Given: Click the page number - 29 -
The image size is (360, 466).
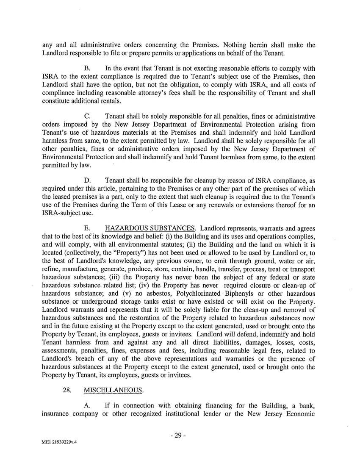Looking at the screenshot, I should pos(180,435).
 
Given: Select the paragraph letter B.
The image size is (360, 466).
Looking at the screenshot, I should pos(87,68).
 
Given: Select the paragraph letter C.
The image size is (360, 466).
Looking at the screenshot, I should pos(87,116).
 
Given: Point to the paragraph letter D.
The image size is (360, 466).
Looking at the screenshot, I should pos(88,180).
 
